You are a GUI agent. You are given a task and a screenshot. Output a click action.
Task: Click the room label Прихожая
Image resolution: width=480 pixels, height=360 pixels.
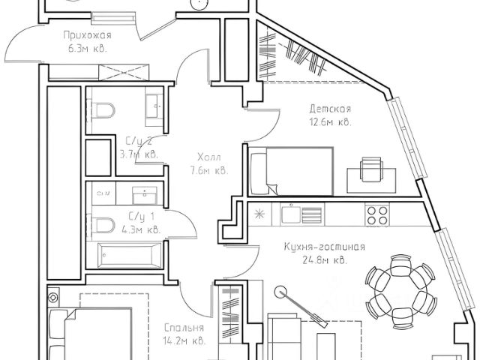click(88, 34)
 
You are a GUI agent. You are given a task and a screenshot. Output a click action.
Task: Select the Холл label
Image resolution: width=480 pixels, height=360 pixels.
click(209, 157)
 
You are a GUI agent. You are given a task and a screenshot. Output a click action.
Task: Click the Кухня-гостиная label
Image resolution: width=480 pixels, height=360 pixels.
click(325, 247)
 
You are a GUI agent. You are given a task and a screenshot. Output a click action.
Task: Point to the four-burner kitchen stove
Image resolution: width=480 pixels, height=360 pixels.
click(376, 214)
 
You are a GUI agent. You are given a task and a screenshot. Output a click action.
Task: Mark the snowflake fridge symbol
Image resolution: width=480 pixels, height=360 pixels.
click(260, 214)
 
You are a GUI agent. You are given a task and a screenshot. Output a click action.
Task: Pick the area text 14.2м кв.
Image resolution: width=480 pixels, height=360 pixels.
click(184, 341)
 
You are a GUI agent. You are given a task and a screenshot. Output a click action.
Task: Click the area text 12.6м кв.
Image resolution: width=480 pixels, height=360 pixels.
click(330, 122)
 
